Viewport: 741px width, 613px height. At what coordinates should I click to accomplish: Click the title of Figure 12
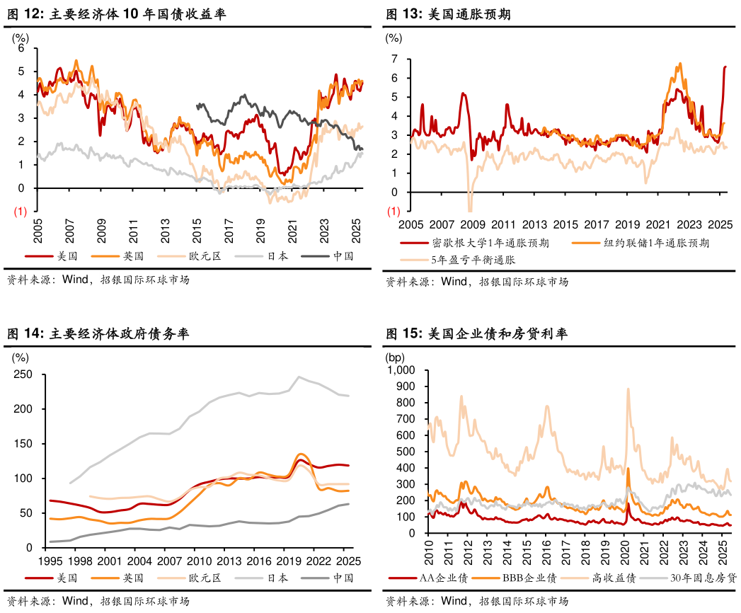(117, 14)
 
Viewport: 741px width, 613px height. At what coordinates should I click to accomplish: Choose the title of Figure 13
(448, 14)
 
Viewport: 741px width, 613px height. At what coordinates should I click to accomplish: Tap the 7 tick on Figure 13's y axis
(394, 59)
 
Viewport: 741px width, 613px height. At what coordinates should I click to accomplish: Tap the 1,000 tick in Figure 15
(400, 370)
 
